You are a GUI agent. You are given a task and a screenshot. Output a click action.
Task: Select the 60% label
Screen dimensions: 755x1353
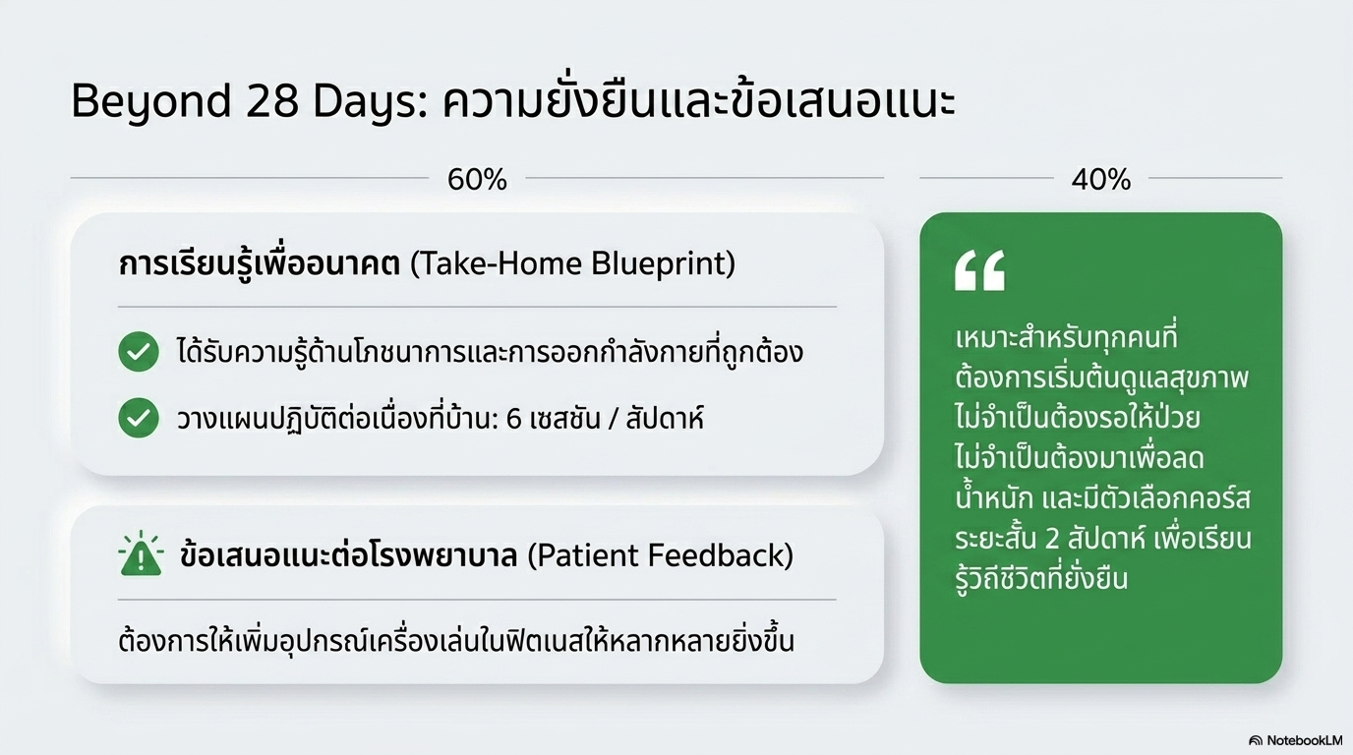477,180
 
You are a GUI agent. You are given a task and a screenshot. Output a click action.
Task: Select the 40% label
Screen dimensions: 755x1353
1101,180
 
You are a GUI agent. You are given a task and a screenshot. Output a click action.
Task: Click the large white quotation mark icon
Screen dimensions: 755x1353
979,270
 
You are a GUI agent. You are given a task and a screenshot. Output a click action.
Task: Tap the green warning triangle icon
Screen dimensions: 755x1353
141,555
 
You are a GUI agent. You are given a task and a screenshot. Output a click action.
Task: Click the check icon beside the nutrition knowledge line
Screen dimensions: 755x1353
139,352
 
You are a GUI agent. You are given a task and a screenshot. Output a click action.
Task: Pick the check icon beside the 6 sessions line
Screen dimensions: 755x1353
139,419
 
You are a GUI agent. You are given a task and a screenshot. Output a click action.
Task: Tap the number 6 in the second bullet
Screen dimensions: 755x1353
513,419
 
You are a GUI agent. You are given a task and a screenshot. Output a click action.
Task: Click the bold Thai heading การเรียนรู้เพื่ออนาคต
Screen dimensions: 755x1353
259,264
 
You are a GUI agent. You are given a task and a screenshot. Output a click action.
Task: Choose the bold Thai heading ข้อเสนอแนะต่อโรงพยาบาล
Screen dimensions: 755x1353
349,555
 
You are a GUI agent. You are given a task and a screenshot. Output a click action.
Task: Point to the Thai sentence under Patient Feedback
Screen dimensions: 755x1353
455,642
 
